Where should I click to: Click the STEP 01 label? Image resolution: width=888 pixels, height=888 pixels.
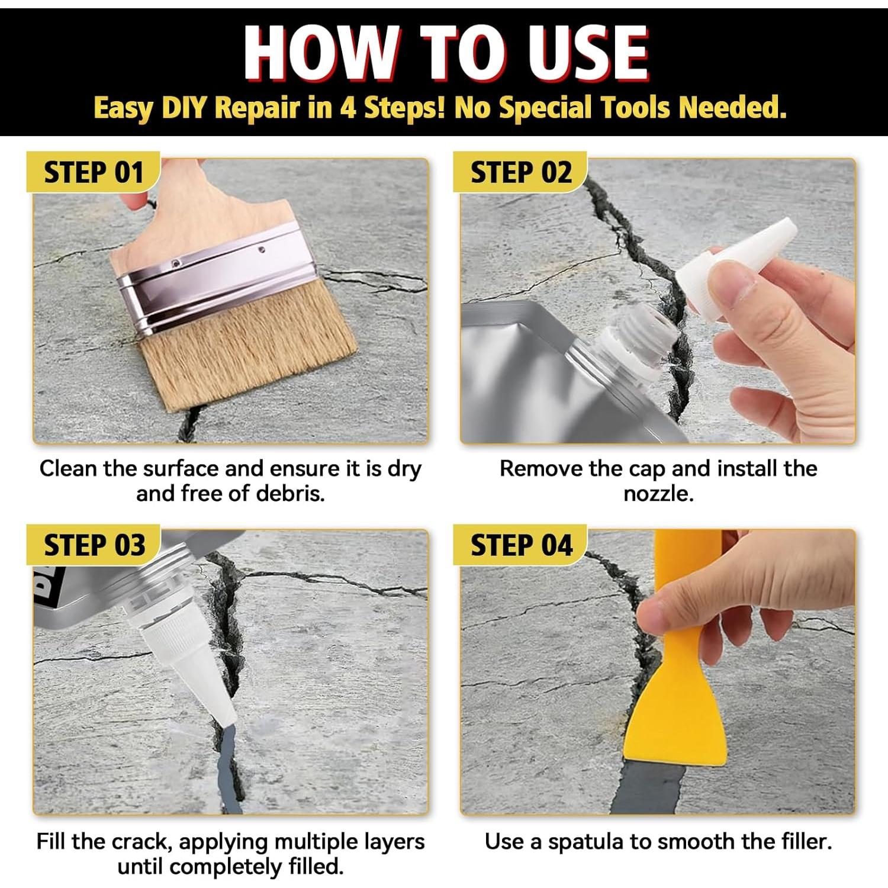coord(94,173)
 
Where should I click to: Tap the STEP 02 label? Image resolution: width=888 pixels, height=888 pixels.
coord(521,173)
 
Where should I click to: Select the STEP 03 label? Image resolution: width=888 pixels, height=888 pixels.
coord(94,545)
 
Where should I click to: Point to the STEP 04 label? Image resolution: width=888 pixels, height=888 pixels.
coord(522,545)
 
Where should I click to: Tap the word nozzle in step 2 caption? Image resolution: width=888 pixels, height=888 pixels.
coord(658,494)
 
